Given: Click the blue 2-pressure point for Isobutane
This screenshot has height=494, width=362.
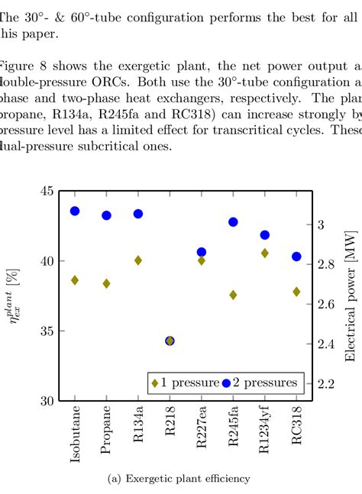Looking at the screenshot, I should click(x=75, y=211).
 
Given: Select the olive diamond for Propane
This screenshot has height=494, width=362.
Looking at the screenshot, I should click(x=107, y=283).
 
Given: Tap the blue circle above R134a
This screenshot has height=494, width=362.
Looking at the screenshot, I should click(x=138, y=214).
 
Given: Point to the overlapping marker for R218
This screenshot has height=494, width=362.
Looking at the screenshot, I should click(x=170, y=341).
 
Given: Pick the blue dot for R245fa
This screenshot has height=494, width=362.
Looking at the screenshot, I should click(x=233, y=221).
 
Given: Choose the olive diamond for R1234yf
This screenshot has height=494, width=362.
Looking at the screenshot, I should click(x=264, y=253).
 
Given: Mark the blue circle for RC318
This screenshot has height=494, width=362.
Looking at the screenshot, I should click(x=296, y=257).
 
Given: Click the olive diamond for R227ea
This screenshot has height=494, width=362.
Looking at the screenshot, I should click(x=202, y=260).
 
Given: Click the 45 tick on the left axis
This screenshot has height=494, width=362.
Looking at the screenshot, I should click(x=47, y=190).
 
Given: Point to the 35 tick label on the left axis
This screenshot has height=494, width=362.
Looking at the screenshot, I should click(x=47, y=331).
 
